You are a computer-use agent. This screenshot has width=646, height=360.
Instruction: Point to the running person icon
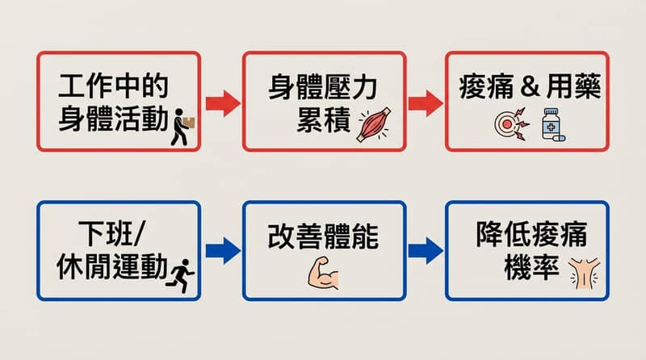[x=182, y=274]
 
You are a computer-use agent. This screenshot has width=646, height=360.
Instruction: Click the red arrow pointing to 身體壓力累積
[x=221, y=103]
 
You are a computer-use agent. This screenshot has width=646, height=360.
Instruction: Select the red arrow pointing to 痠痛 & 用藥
[x=425, y=103]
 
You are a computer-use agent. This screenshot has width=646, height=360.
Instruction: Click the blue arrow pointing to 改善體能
[x=221, y=250]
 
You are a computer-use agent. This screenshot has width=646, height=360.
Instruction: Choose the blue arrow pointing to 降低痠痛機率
[x=425, y=250]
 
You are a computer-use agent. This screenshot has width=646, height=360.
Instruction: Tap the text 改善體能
[x=323, y=237]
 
